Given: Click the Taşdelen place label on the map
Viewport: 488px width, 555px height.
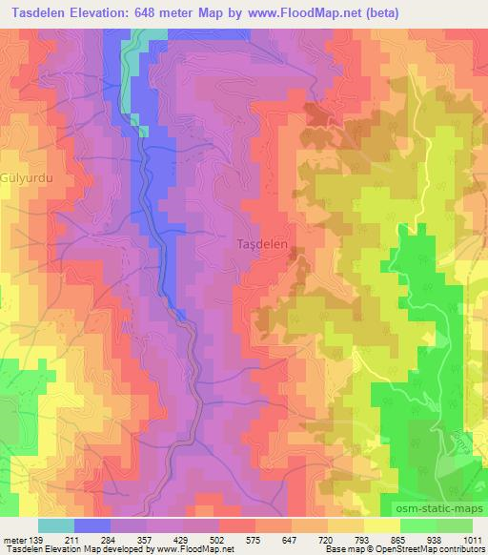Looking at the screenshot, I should click(x=261, y=244).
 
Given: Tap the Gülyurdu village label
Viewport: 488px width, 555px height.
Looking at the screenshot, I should click(x=24, y=178).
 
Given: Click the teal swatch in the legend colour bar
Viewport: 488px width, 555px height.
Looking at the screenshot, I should click(x=56, y=525).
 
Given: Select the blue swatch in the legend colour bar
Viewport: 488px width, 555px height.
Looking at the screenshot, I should click(x=92, y=525).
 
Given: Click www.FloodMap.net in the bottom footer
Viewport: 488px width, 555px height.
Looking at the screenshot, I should click(x=191, y=549).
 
